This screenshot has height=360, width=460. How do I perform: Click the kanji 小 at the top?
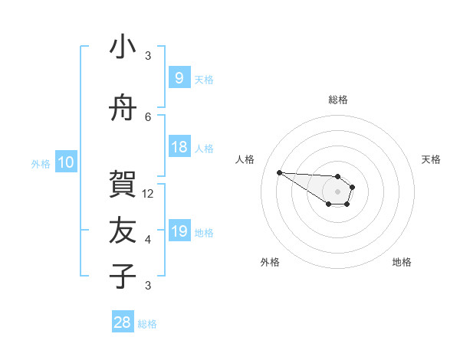pos(123,47)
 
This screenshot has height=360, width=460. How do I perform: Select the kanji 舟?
pos(123,109)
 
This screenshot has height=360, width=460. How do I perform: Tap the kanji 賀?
pos(123,184)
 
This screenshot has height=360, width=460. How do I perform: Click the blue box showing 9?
pos(179,78)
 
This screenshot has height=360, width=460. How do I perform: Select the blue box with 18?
pos(179,147)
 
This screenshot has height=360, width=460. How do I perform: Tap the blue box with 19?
pos(179,231)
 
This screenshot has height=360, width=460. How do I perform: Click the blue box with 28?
pos(123,322)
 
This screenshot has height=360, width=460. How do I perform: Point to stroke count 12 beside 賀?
pos(149,194)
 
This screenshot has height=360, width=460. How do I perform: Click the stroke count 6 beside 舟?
pos(149,117)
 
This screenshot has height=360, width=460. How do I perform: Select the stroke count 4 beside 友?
pos(149,240)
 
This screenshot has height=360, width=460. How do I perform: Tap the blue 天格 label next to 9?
pos(204,79)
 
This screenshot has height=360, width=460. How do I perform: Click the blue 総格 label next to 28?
pos(147,324)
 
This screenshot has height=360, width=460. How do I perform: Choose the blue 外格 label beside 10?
pos(41,163)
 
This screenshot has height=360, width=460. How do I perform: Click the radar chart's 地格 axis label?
pos(402,263)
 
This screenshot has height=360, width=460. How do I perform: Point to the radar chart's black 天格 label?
pos(431,159)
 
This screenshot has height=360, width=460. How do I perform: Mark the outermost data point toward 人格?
pos(279,172)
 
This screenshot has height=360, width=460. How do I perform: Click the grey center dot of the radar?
pos(337,191)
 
